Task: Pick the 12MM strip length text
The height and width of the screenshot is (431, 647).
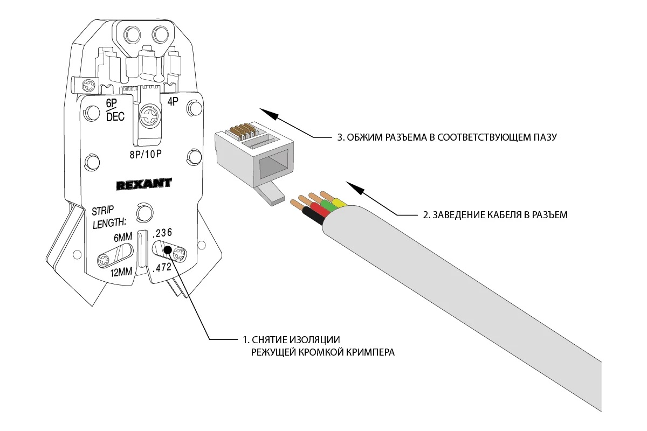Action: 122,272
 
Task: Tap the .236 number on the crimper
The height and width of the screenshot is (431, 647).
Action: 162,233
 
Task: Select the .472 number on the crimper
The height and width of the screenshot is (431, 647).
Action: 163,267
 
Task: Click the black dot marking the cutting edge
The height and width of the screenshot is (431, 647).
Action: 167,250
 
